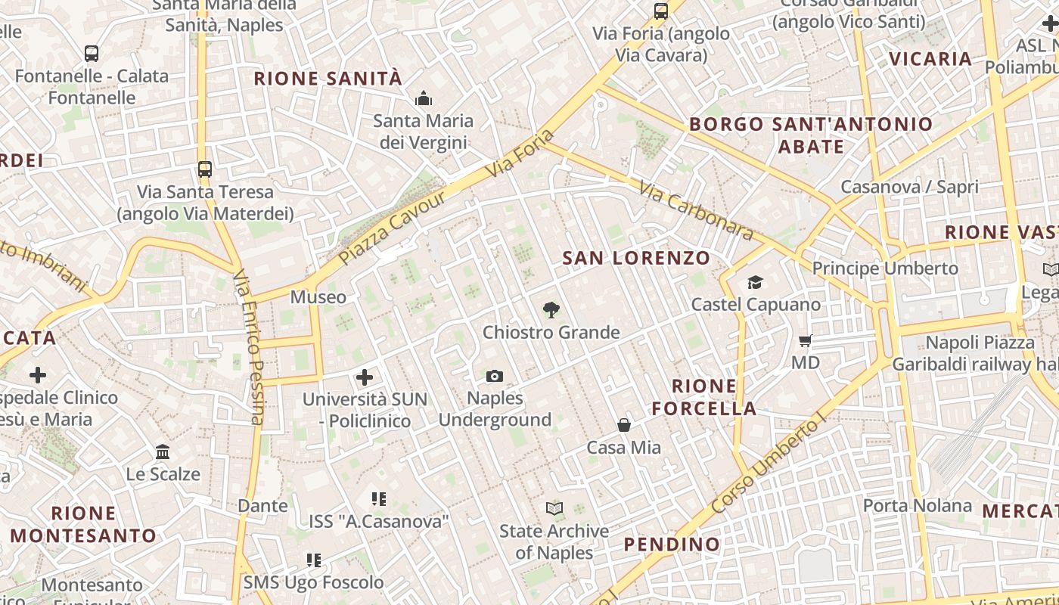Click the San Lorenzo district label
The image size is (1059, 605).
(x=636, y=258)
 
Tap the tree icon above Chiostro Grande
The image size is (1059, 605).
(x=551, y=309)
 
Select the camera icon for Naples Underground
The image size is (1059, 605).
(x=495, y=376)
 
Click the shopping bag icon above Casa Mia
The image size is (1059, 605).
(x=624, y=425)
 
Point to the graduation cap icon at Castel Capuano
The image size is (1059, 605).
(x=755, y=282)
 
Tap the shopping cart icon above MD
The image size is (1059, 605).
(x=806, y=340)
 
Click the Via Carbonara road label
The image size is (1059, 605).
(x=696, y=210)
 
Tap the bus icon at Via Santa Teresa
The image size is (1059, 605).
(x=204, y=169)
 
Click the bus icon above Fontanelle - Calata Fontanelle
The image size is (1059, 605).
(x=92, y=54)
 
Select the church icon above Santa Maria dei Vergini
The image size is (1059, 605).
(x=423, y=98)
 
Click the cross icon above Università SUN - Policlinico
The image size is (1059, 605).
(x=365, y=377)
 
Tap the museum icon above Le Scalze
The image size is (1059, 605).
(x=163, y=452)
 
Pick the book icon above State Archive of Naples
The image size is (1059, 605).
(x=554, y=509)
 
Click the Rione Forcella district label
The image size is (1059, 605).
(x=703, y=397)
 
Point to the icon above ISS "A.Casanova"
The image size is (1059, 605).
(x=379, y=499)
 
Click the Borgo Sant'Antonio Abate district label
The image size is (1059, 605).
(x=811, y=135)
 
